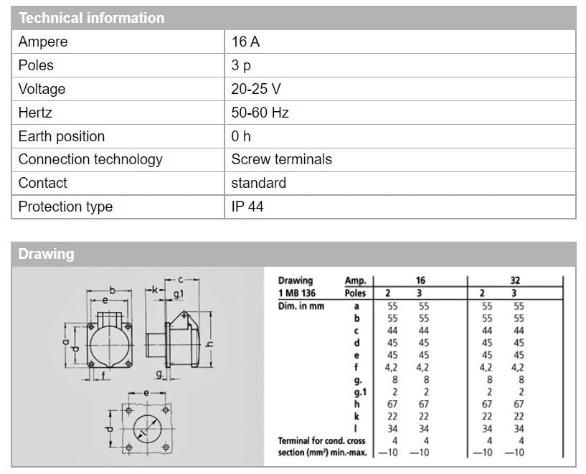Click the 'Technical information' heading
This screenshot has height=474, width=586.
(x=91, y=18)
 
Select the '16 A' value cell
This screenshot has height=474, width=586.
(x=245, y=42)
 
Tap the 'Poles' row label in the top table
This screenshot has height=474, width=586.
(x=36, y=65)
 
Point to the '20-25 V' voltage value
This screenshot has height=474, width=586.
(x=256, y=89)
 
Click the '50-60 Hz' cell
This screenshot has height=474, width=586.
(x=260, y=113)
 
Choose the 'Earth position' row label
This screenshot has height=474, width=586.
(x=62, y=136)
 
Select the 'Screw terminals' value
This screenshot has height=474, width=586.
(x=281, y=159)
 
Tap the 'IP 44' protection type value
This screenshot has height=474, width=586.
(x=247, y=207)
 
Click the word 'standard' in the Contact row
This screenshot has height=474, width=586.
(x=258, y=183)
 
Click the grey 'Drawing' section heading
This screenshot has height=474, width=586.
(x=46, y=254)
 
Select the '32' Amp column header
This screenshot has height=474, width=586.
(x=515, y=280)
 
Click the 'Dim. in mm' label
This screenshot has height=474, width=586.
(x=301, y=305)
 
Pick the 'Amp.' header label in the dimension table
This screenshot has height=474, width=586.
(x=356, y=280)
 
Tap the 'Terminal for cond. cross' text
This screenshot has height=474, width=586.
(x=321, y=440)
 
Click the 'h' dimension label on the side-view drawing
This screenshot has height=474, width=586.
(x=209, y=343)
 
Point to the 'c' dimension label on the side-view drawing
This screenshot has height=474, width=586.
(x=183, y=280)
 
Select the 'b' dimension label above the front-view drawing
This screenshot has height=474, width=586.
(x=113, y=289)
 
